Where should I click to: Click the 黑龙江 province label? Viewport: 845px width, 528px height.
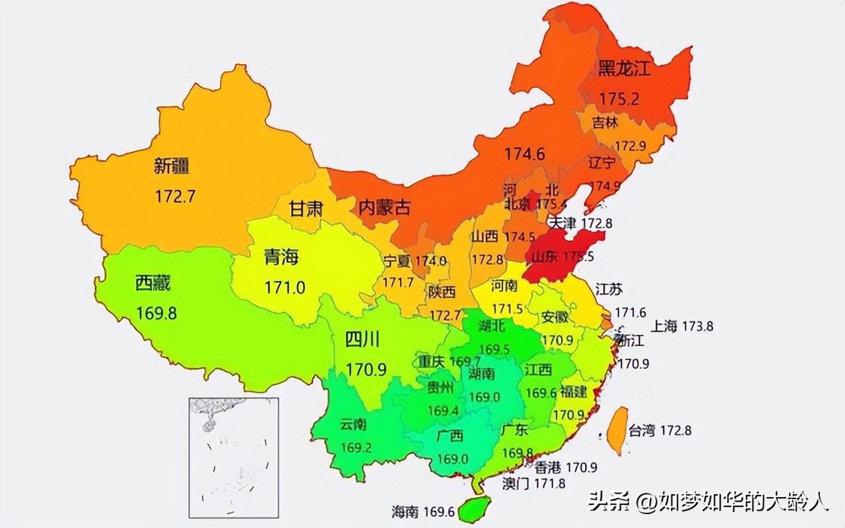pos(624,69)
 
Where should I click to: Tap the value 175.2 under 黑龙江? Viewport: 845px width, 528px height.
pos(619,99)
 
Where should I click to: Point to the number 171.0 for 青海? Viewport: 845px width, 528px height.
pos(285,288)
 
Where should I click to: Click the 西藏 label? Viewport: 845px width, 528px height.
pos(152,284)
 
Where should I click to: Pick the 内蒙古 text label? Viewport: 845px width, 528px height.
pos(384,208)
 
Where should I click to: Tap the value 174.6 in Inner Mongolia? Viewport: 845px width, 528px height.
pos(525,154)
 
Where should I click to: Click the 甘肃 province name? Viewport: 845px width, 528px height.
pos(306,209)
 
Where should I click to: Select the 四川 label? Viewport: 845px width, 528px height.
pos(362,340)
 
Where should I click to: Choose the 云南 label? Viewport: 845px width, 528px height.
pos(354,424)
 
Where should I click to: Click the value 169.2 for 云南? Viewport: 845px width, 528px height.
pos(356,447)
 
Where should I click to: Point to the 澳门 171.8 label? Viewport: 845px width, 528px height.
pos(533,483)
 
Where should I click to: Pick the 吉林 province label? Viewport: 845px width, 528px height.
pos(605,123)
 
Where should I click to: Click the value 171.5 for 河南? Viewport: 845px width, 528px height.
pos(507,309)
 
